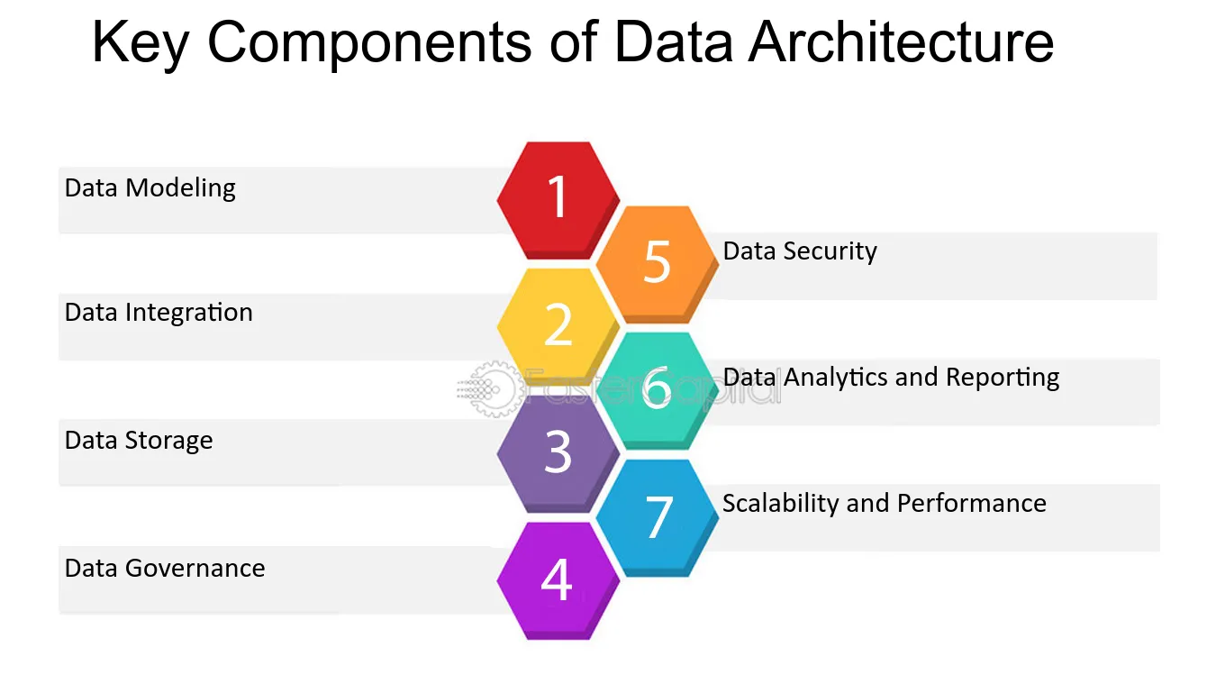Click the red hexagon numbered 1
[558, 200]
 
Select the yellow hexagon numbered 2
[558, 326]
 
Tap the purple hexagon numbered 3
[558, 453]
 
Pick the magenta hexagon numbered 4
[558, 580]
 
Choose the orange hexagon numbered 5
[658, 264]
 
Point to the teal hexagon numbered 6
[658, 390]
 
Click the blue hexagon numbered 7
[658, 518]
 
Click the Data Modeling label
[150, 188]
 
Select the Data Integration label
[159, 313]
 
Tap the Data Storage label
[139, 441]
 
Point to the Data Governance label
[165, 569]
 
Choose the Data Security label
[800, 251]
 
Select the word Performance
[972, 504]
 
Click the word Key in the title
[141, 43]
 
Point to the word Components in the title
[369, 43]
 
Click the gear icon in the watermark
[495, 389]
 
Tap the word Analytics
[860, 378]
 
